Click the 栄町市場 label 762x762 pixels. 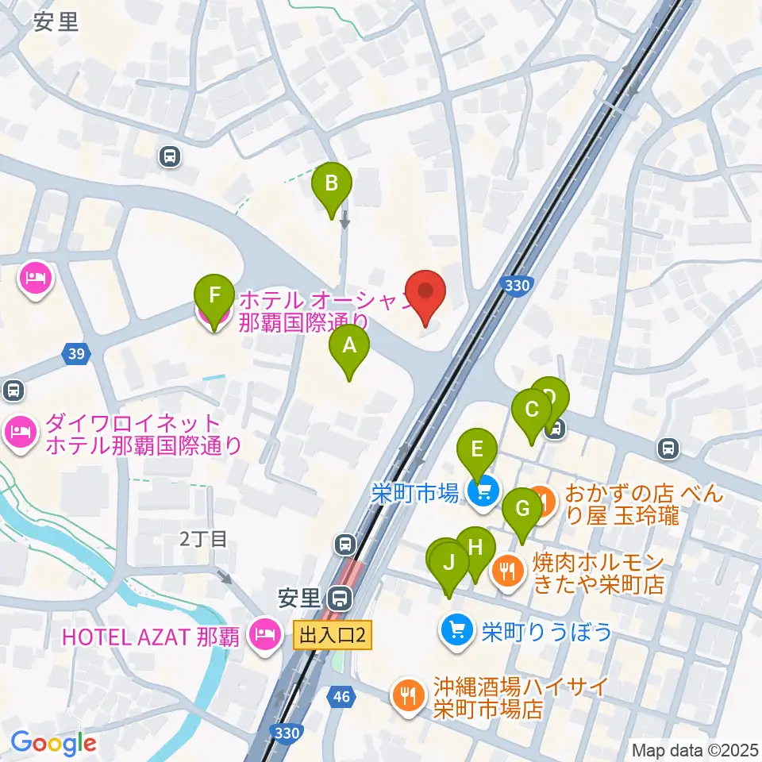[415, 494]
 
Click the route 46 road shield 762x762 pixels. [341, 697]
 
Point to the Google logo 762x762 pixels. [52, 743]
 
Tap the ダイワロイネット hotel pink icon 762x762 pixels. [20, 433]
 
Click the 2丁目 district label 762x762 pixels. [203, 540]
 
